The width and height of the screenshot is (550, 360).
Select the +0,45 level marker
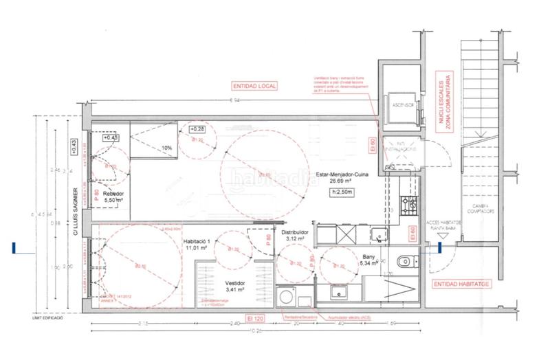point(111,137)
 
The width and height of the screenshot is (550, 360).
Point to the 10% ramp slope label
point(166,147)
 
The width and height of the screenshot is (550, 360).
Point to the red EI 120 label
point(256,319)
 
